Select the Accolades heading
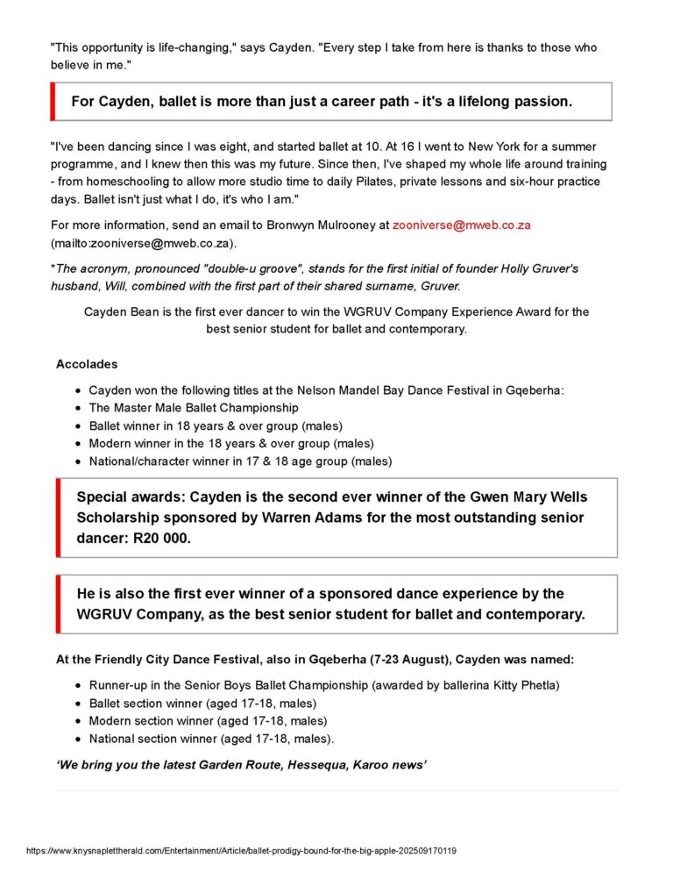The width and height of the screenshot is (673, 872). point(87,364)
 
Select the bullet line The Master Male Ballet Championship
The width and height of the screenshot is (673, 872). point(194,408)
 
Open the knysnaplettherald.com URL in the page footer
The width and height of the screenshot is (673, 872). point(242,851)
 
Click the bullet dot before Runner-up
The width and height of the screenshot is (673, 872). point(80,685)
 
